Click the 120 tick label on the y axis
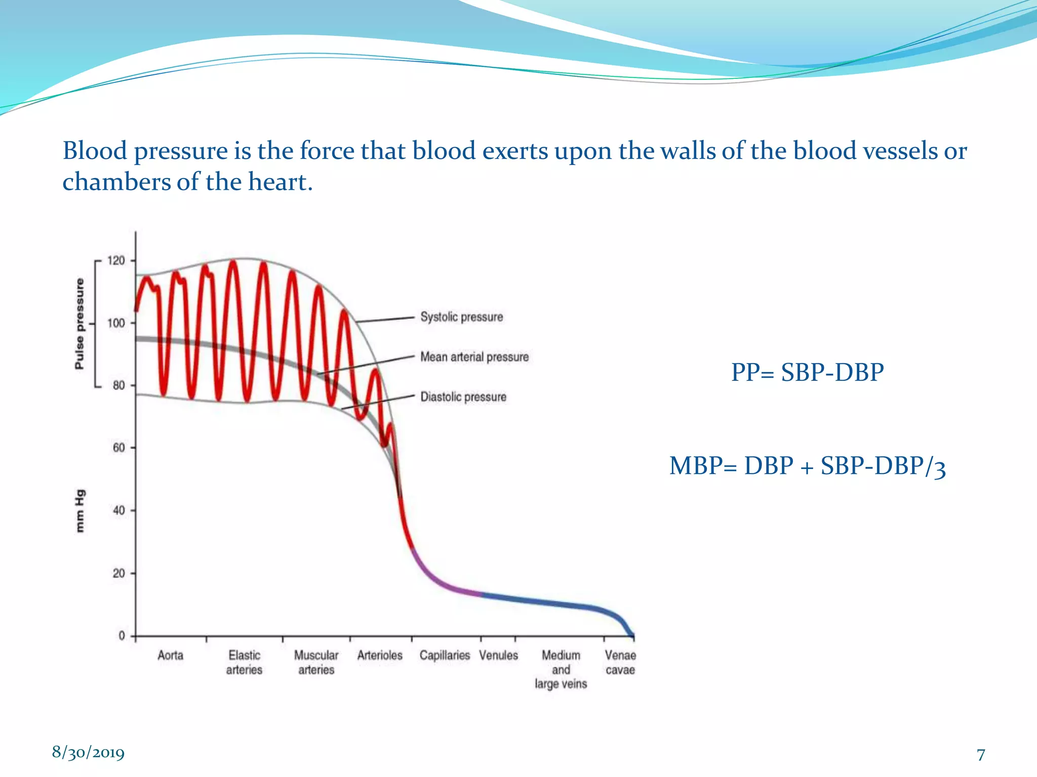click(116, 261)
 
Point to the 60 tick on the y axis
click(118, 448)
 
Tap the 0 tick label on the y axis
click(122, 635)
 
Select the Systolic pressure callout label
click(461, 317)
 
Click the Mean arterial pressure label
click(474, 357)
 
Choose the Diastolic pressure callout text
click(463, 397)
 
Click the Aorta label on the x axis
click(170, 656)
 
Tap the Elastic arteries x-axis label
click(244, 662)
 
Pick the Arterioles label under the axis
click(380, 656)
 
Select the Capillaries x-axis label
click(445, 656)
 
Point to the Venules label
click(498, 656)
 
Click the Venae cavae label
click(620, 662)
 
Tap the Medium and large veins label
click(561, 669)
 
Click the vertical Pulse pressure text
click(79, 324)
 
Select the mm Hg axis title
click(80, 511)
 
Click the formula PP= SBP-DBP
click(807, 373)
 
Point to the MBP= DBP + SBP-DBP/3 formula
click(807, 466)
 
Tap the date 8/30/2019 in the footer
click(88, 752)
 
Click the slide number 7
click(981, 755)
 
